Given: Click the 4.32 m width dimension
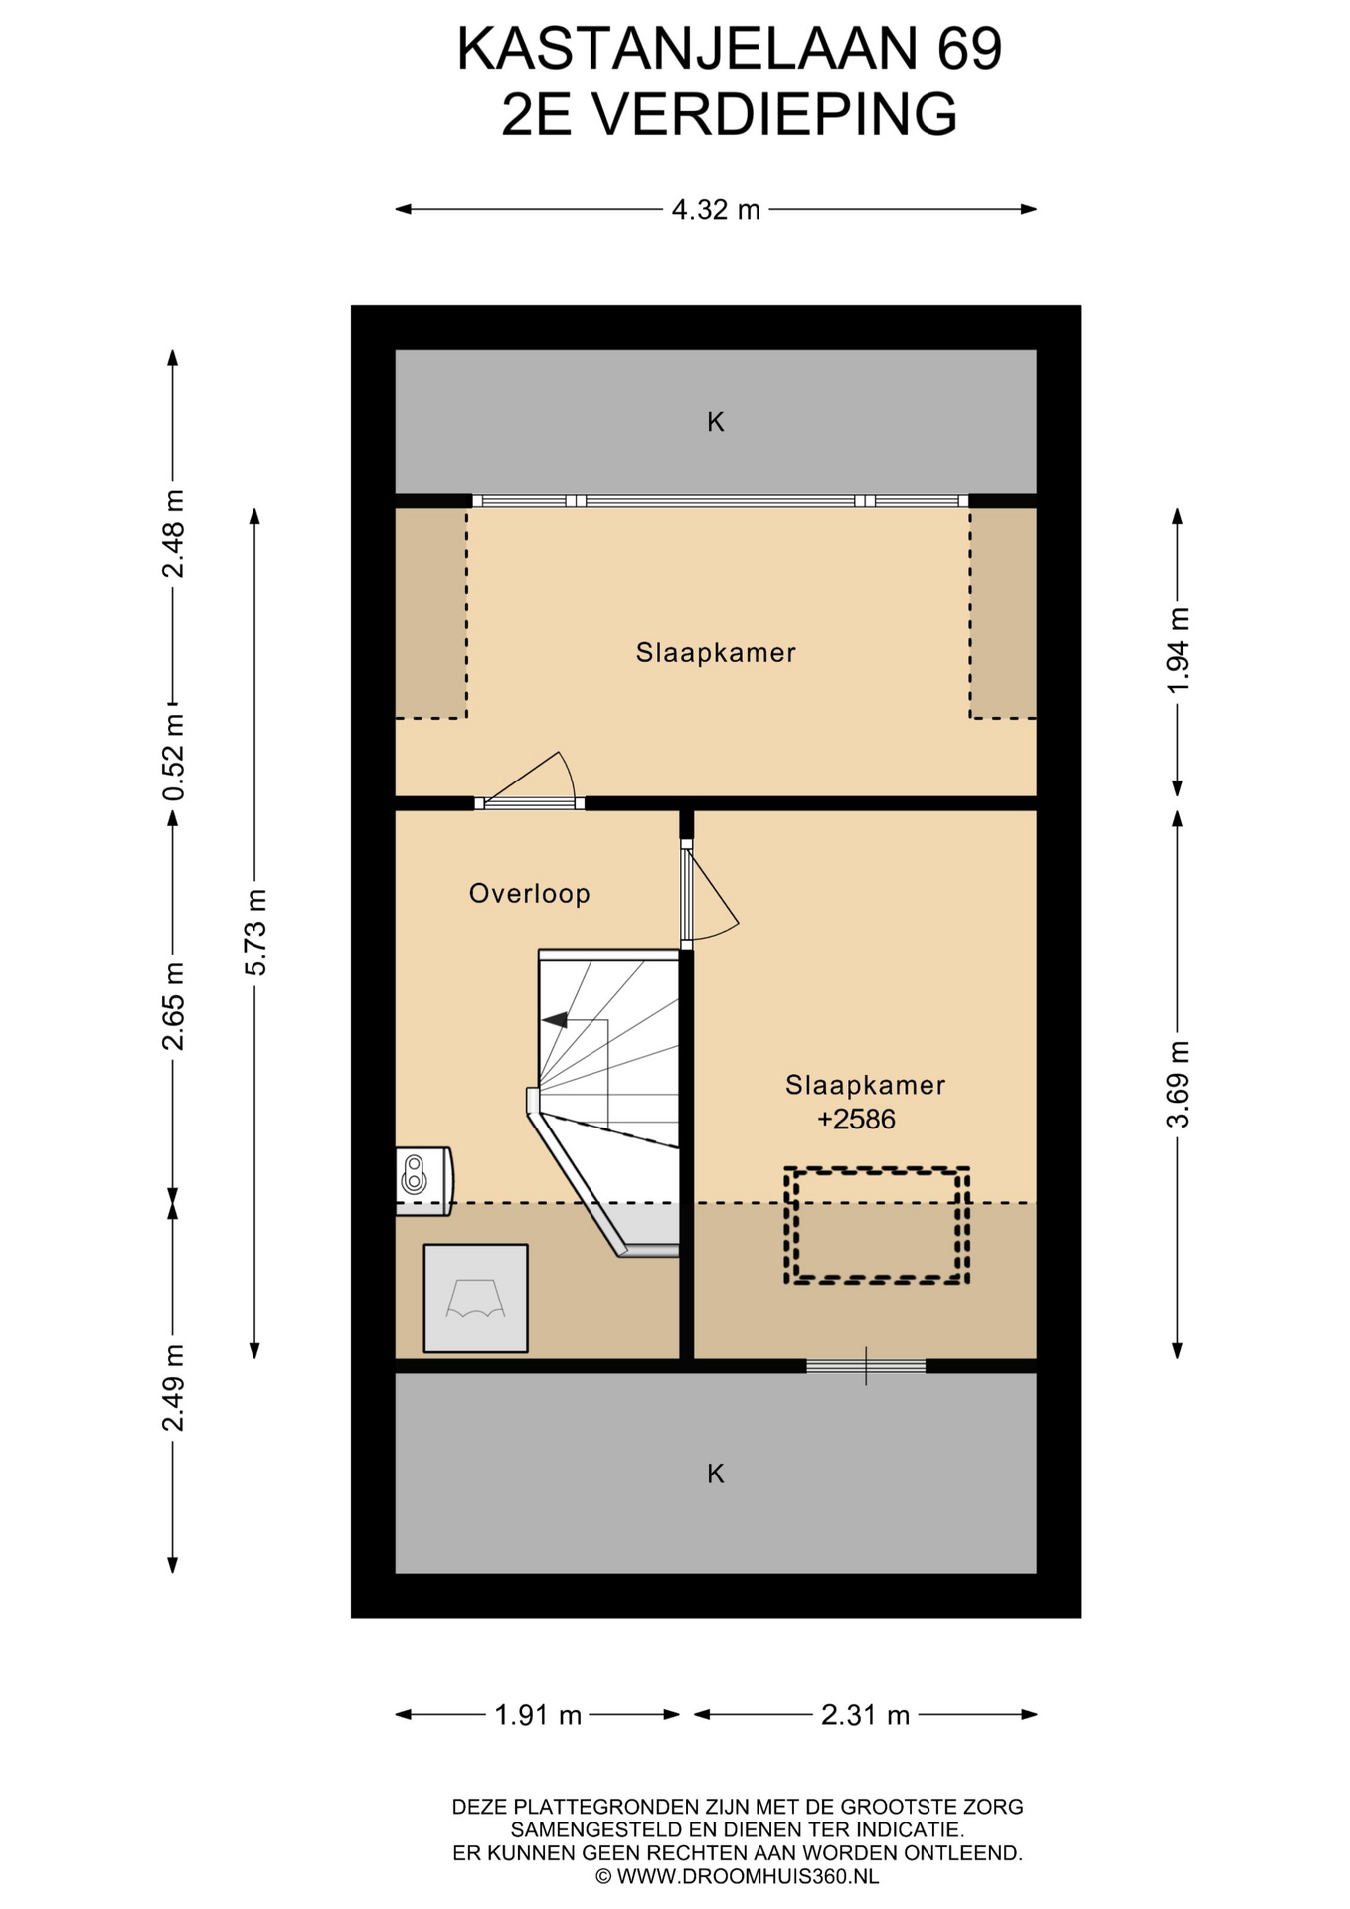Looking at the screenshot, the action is click(716, 210).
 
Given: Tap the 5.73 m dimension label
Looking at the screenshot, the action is click(255, 933).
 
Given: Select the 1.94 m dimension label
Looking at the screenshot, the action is click(1178, 651).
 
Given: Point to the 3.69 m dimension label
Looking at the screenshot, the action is click(1178, 1084).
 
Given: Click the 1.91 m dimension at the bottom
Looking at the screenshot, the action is click(538, 1715).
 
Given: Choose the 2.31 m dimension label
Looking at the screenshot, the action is click(865, 1715).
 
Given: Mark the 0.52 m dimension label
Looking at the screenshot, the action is click(174, 758).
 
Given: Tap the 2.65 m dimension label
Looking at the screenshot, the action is click(174, 1006).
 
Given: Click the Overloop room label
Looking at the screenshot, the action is click(530, 894).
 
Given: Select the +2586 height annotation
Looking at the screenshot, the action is click(856, 1120).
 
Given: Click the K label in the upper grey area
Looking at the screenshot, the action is click(716, 422).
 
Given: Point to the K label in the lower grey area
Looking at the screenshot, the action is click(716, 1475).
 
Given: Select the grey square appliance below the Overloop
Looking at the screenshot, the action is click(475, 1299).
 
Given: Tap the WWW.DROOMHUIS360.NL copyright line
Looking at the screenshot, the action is click(737, 1876).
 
